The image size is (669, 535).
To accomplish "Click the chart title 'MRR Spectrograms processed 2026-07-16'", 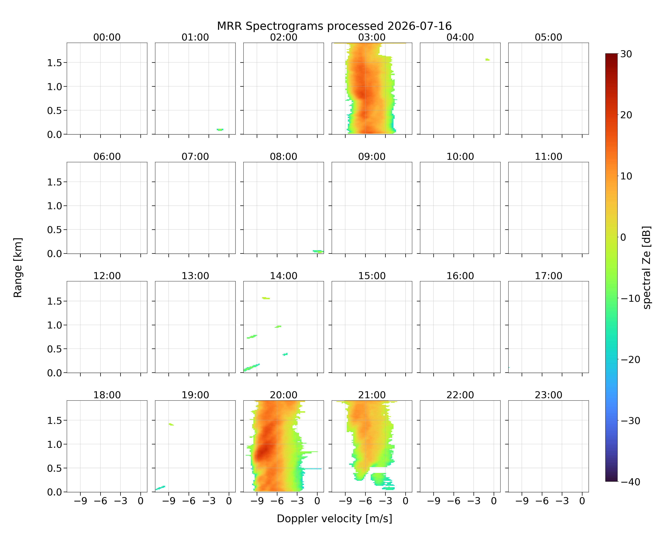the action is tap(334, 26).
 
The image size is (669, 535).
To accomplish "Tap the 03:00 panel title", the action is tap(372, 37).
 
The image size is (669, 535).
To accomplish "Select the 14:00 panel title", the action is tap(284, 276).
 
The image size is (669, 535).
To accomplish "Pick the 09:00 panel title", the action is tap(372, 157).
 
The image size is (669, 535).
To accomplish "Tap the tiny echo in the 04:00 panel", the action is tap(487, 60).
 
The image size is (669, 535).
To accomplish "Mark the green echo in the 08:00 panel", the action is tap(318, 251).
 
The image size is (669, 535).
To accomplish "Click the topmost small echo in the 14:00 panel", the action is tap(266, 298).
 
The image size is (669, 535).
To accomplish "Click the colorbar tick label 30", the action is tap(626, 54).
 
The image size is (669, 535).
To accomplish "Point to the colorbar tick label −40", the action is tap(630, 482).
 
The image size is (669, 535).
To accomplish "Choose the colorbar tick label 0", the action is tap(623, 237).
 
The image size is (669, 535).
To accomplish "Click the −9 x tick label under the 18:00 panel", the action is tap(80, 501).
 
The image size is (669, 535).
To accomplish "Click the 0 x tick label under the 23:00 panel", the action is tap(582, 501).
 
